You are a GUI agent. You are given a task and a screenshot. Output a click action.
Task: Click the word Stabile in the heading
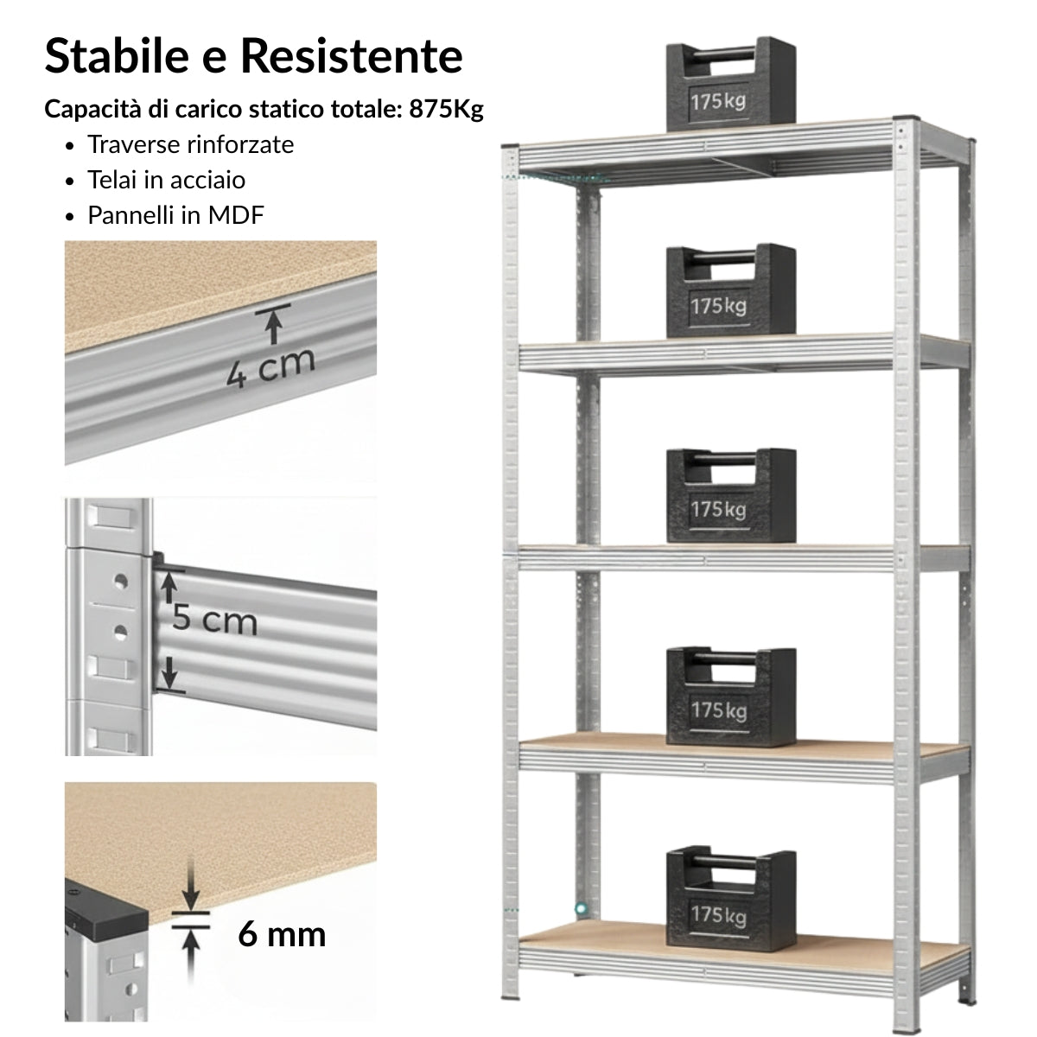pos(117,55)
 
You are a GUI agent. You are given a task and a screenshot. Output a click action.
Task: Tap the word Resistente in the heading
pos(352,55)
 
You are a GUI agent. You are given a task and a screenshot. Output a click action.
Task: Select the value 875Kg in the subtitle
pos(446,109)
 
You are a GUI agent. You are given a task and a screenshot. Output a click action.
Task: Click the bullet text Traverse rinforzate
pos(190,144)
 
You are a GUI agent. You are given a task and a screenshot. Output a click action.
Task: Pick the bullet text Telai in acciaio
pos(166,180)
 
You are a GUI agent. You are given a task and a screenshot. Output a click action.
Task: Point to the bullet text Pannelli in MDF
pos(175,214)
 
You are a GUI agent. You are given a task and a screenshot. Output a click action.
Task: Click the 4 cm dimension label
pos(270,367)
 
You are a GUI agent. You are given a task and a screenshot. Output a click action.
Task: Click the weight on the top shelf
pos(730,84)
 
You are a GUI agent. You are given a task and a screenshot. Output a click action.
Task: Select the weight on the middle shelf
pos(730,496)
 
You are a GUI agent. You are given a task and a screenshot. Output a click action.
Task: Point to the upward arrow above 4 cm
pos(273,324)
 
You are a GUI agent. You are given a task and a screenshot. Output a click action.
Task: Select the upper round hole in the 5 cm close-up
pos(120,582)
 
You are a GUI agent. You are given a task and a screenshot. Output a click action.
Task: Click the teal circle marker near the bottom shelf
pos(580,908)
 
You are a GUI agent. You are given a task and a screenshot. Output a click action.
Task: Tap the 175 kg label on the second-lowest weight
pos(719,711)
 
